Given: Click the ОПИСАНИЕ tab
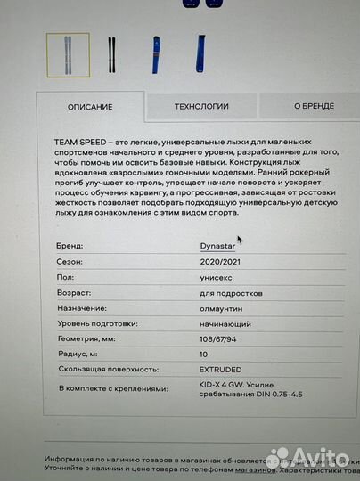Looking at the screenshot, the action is (90, 107).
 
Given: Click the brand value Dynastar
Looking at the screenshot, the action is (218, 244).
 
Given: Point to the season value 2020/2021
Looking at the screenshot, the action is (221, 263).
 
